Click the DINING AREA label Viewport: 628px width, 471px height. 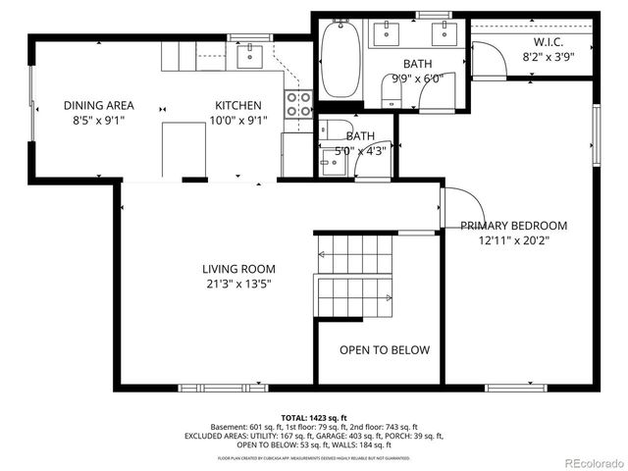(x=99, y=106)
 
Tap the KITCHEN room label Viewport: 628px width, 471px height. (x=238, y=106)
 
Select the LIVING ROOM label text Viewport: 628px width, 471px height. (x=238, y=269)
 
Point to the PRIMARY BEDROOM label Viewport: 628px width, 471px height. (x=513, y=226)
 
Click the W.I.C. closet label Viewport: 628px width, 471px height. (x=548, y=42)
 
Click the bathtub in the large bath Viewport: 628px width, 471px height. (x=340, y=61)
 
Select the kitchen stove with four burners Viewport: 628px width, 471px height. (x=297, y=104)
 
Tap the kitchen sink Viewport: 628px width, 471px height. (x=251, y=52)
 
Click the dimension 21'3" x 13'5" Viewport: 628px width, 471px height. (x=238, y=285)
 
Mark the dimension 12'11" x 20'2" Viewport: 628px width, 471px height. (x=513, y=240)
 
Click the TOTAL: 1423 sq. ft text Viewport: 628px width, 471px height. (x=314, y=417)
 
